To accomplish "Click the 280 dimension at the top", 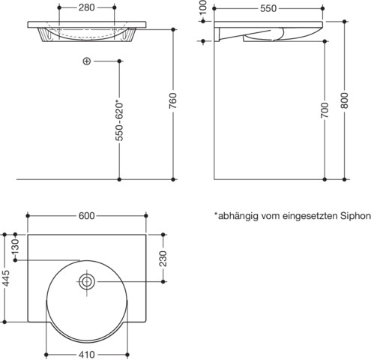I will (x=87, y=8).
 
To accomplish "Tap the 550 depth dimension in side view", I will (x=268, y=8).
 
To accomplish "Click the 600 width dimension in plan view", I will (x=86, y=216).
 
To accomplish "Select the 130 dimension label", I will (x=13, y=246).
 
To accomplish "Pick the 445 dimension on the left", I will (x=5, y=280).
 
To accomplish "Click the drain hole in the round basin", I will (x=87, y=282).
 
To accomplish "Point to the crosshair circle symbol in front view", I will (x=87, y=61).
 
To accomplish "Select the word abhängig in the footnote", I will (x=239, y=216).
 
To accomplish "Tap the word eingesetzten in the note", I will (x=310, y=216).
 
